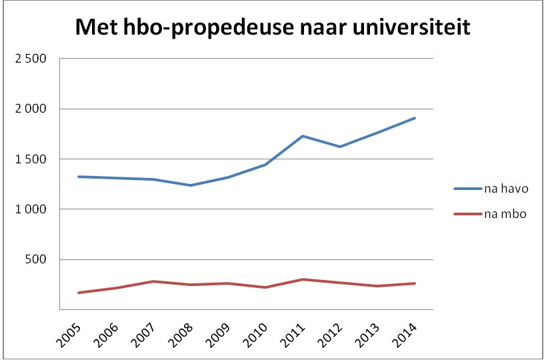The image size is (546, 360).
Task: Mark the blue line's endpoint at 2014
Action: pos(415,118)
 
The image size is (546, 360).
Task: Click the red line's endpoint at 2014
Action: pos(415,283)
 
